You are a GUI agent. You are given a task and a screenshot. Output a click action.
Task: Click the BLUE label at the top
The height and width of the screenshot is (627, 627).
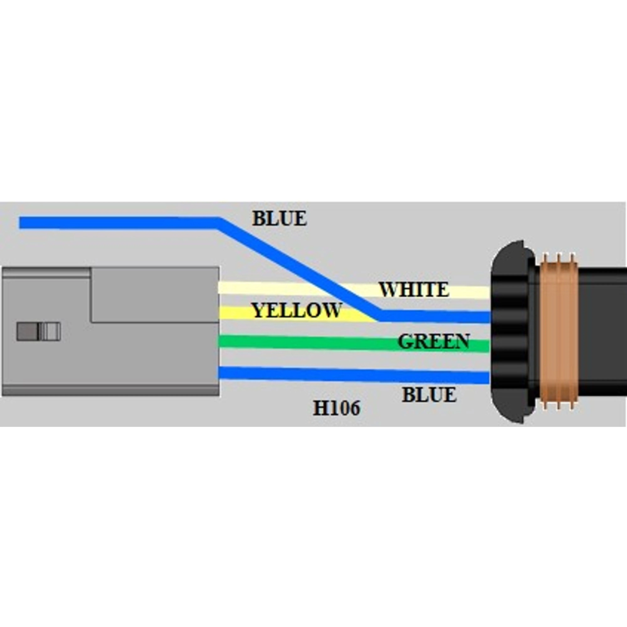tap(279, 218)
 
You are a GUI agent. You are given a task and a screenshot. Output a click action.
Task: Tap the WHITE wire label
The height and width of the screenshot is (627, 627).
tap(414, 290)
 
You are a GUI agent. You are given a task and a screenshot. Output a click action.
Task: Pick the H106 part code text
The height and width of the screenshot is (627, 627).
tap(337, 408)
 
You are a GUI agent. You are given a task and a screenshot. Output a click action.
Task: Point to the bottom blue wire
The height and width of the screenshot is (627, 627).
tap(354, 375)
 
